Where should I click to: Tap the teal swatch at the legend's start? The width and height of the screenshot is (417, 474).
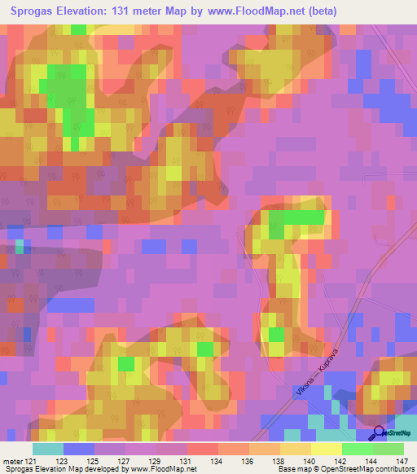click(48, 449)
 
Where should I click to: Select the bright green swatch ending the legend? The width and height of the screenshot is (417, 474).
click(388, 449)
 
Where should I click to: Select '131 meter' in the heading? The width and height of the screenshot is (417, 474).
click(147, 11)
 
